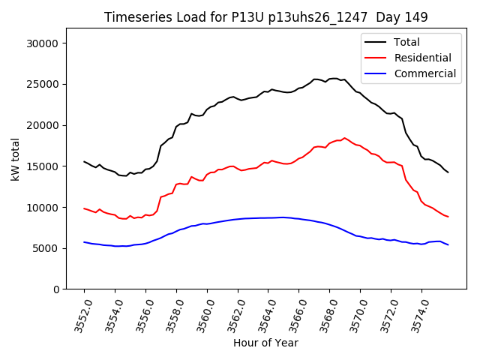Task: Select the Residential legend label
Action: (x=422, y=58)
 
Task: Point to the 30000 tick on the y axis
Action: (x=44, y=43)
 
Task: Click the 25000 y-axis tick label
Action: (x=44, y=84)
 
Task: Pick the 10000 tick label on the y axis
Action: (x=44, y=207)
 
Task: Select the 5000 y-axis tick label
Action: (x=47, y=248)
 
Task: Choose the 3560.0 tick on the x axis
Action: (x=202, y=315)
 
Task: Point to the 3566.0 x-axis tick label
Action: (x=293, y=315)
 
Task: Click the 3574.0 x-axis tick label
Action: (x=416, y=315)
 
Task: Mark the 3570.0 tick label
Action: (x=355, y=315)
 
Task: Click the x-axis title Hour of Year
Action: (x=265, y=343)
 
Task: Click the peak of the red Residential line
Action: (x=344, y=138)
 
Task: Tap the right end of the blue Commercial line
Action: (x=448, y=244)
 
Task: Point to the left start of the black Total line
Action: (x=84, y=161)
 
